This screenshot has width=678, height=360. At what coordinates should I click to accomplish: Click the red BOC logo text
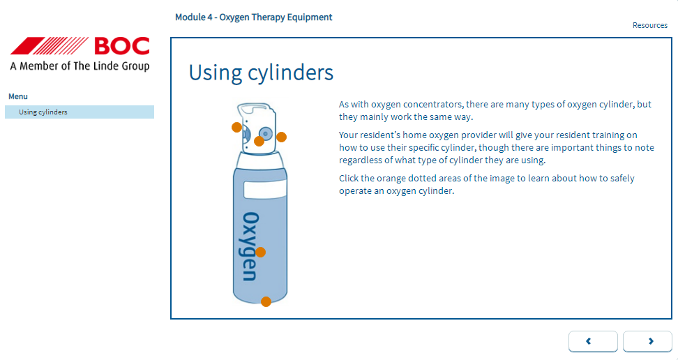point(122,46)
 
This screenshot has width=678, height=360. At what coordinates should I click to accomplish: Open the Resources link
point(650,25)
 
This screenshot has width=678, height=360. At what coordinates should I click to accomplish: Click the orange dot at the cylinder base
point(266,301)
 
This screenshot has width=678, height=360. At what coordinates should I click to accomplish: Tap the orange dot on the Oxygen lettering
point(260,252)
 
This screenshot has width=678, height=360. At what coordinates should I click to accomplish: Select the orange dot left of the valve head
point(236,127)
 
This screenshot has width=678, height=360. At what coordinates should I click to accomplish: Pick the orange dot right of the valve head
point(282,137)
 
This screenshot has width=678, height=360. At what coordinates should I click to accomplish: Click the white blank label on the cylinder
point(264,190)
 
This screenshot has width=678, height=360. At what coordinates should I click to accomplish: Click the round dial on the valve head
point(266,134)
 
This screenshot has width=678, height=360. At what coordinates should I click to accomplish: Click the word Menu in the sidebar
point(18,96)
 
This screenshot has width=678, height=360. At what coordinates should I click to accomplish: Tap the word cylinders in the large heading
point(291,73)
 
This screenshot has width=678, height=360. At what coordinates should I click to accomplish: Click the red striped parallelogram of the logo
point(50,46)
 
